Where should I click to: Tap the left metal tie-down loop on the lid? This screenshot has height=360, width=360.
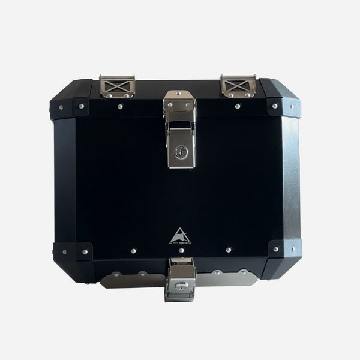point(117,86)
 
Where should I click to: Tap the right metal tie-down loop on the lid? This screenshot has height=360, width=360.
point(238,86)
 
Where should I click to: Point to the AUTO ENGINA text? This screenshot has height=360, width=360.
point(180,242)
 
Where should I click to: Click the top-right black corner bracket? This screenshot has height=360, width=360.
point(283,107)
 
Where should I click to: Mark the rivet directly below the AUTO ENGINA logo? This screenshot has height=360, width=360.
point(181,250)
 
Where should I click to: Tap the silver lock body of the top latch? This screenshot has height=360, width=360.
point(181,147)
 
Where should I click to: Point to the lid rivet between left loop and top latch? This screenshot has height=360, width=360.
point(121,107)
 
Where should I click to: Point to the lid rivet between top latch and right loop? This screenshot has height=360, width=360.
point(238,106)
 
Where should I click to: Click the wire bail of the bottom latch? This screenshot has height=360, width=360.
point(181,266)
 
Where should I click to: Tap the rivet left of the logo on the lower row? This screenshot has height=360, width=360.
point(133,251)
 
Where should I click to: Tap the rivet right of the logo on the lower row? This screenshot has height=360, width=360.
point(229,249)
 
